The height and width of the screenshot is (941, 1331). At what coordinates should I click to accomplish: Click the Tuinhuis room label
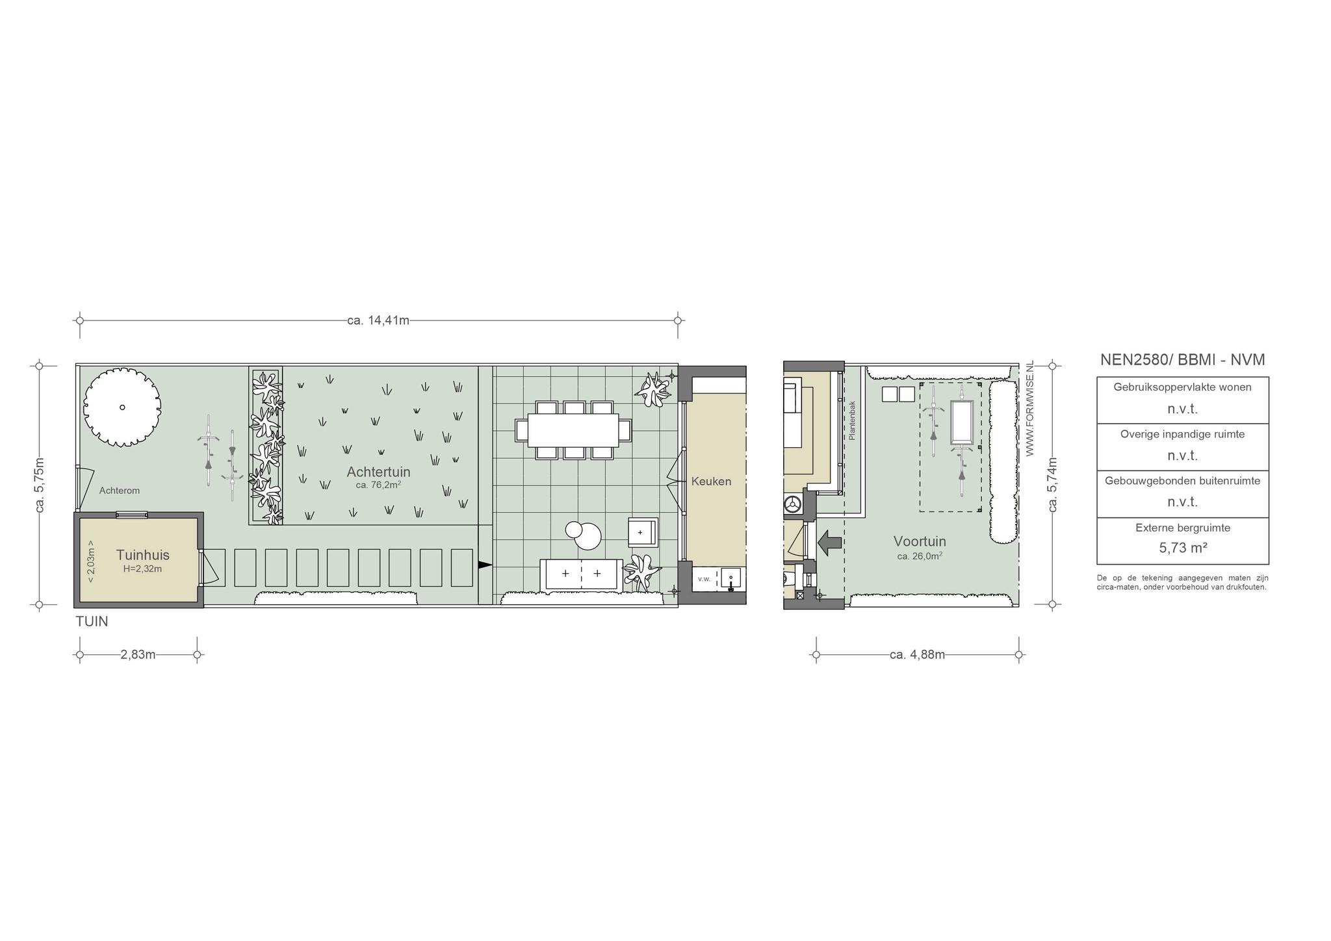coord(143,555)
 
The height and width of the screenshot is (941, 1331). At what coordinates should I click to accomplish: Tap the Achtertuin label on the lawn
coord(378,472)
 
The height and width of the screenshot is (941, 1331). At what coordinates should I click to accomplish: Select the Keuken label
coord(711,482)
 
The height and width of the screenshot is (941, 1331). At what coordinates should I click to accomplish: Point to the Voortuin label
coord(920,541)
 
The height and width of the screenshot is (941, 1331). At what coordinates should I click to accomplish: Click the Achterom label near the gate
coord(120,491)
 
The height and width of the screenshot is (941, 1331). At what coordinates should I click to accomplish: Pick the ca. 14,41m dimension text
coord(378,320)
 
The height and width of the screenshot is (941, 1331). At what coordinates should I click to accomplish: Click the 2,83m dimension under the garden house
coord(138,654)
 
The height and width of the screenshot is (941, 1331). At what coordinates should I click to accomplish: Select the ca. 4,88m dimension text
coord(917,654)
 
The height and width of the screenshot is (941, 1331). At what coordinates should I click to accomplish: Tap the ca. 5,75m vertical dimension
coord(39,485)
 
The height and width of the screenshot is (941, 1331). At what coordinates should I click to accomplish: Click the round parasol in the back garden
coord(122,407)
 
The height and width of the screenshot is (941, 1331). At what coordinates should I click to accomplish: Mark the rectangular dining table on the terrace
coord(573,430)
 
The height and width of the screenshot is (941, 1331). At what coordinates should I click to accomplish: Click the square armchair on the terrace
coord(643,532)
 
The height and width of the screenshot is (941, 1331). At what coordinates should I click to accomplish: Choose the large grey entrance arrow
coord(829,542)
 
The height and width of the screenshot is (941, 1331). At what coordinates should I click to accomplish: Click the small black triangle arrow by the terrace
coord(485,565)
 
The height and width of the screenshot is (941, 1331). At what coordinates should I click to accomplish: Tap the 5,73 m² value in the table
coord(1183,548)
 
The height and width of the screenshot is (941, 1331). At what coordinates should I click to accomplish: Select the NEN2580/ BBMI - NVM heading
coord(1183,359)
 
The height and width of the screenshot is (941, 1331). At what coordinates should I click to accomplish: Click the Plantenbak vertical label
coord(853,420)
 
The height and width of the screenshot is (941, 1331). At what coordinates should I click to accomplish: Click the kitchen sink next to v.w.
coord(730,579)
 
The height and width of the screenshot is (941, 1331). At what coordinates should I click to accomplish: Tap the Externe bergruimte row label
coord(1183,528)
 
